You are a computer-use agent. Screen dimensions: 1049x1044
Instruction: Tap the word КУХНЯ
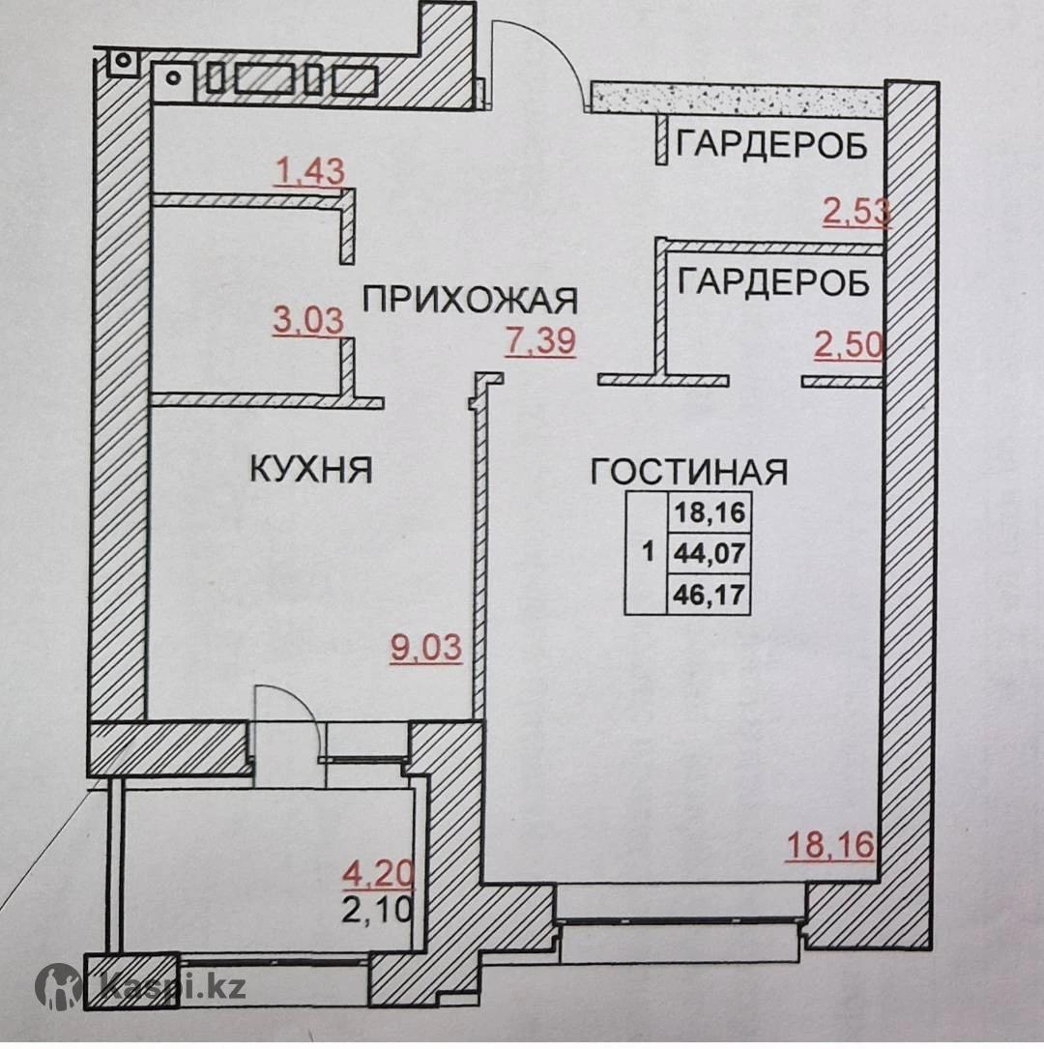(311, 470)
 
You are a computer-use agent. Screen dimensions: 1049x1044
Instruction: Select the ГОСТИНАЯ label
(689, 472)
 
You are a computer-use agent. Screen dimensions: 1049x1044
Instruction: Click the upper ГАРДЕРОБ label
(771, 146)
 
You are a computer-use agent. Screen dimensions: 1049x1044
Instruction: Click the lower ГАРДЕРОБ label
(773, 282)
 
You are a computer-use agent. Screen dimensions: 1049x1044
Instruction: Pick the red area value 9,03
(426, 648)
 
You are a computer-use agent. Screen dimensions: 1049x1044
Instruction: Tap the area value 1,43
(309, 172)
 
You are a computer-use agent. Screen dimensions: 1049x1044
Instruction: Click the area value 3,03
(308, 320)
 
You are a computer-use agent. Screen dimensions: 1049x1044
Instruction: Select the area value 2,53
(855, 211)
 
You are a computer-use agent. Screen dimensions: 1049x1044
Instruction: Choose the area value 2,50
(849, 346)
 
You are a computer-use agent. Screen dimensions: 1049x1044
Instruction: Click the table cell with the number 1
(648, 553)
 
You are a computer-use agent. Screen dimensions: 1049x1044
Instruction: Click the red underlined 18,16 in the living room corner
(829, 845)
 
